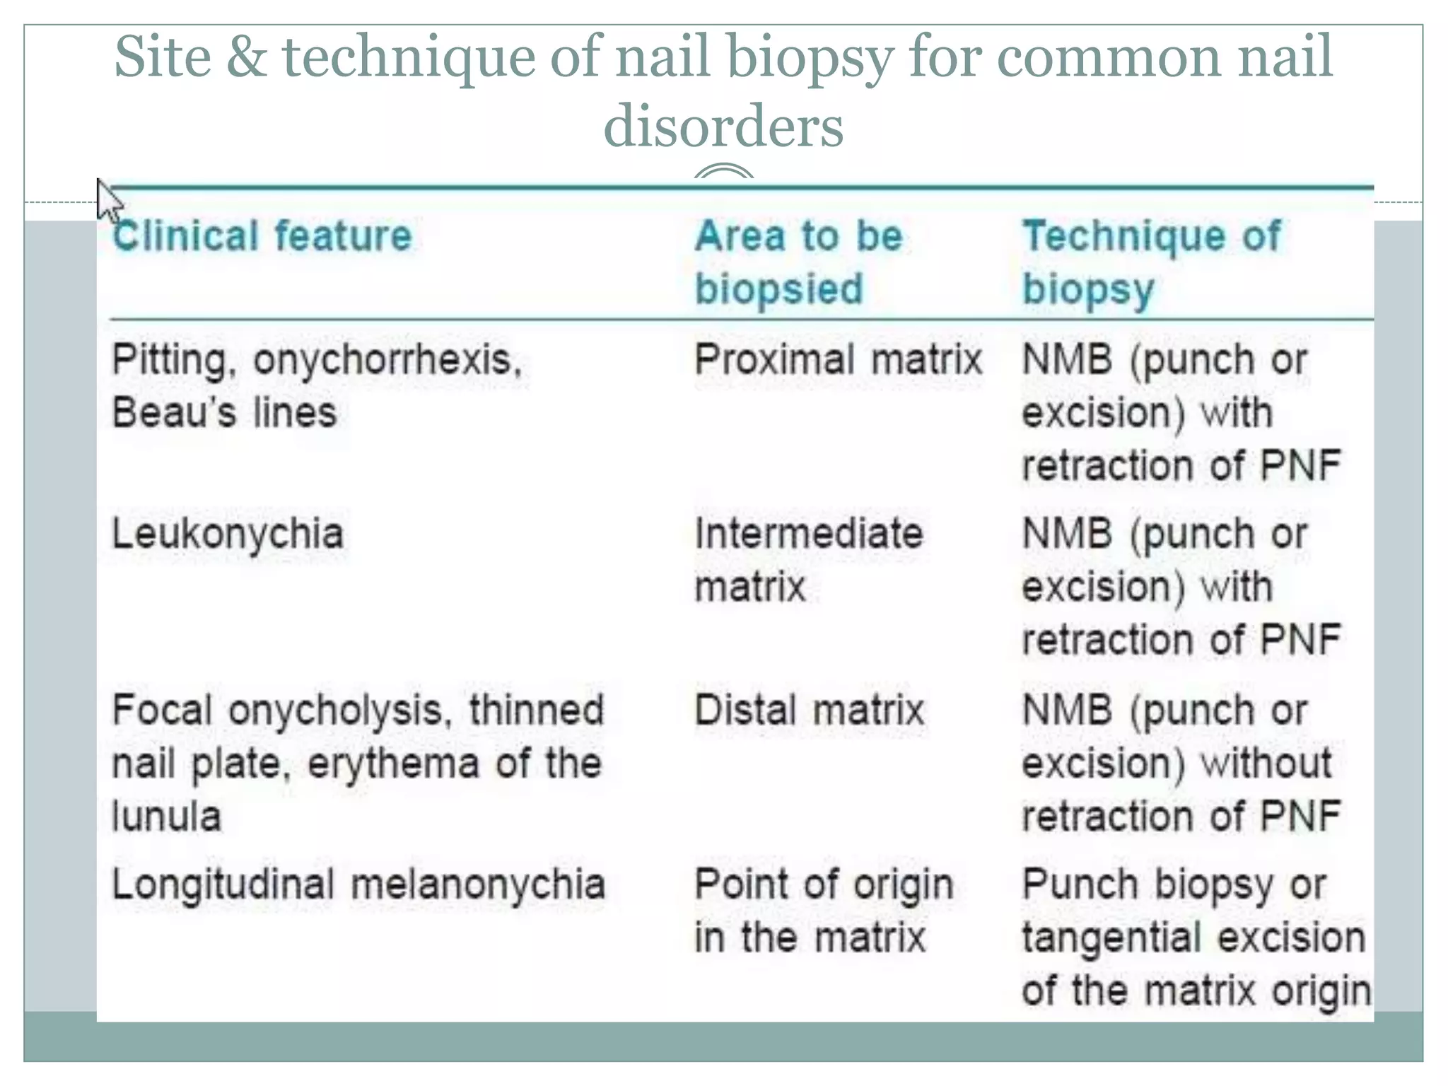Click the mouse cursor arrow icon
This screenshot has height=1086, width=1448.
pos(108,201)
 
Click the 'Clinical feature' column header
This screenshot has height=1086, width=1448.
pos(262,235)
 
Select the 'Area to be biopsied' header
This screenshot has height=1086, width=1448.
pos(798,262)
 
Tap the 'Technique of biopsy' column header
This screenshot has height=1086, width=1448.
pos(1151,262)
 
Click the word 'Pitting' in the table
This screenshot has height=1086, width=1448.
pos(169,360)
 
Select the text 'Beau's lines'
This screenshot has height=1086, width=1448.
pos(224,412)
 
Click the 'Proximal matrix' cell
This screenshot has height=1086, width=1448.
pos(838,359)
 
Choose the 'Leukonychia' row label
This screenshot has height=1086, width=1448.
pos(228,534)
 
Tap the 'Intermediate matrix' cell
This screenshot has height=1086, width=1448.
pos(808,559)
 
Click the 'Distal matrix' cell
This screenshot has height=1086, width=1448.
pos(809,710)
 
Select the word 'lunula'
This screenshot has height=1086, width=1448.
pos(167,817)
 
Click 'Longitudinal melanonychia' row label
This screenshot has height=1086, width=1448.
pos(358,884)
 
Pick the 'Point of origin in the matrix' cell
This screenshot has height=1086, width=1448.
pos(824,911)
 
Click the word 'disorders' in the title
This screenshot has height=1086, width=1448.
pos(723,126)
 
